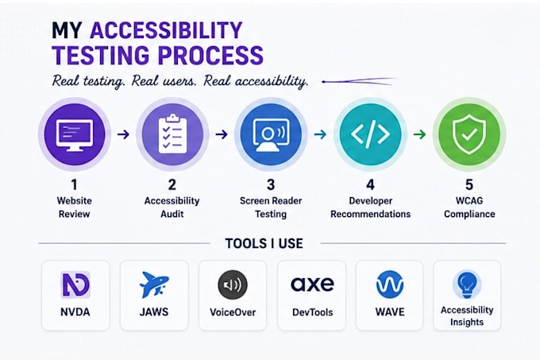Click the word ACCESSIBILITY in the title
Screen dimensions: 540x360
point(166,30)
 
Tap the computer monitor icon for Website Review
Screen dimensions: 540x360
point(74,135)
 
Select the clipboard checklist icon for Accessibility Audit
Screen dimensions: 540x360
point(172,134)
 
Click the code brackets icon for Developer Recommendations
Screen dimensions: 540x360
point(370,134)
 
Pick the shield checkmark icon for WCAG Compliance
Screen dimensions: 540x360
point(469,134)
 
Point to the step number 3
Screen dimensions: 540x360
point(271,185)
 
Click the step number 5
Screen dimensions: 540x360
point(469,185)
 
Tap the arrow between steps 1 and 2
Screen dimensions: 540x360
point(123,134)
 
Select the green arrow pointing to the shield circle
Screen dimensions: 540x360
point(419,134)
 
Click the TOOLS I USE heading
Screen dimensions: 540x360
point(264,243)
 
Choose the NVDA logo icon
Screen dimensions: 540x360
point(75,285)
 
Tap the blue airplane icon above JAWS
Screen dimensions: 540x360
point(154,285)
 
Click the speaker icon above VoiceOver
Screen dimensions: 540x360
point(233,285)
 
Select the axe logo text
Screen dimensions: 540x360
point(312,284)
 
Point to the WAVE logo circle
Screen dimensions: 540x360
point(389,285)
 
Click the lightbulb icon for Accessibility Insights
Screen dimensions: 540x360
point(467,285)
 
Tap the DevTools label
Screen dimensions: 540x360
point(312,312)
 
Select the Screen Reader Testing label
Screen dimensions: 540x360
point(271,207)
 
